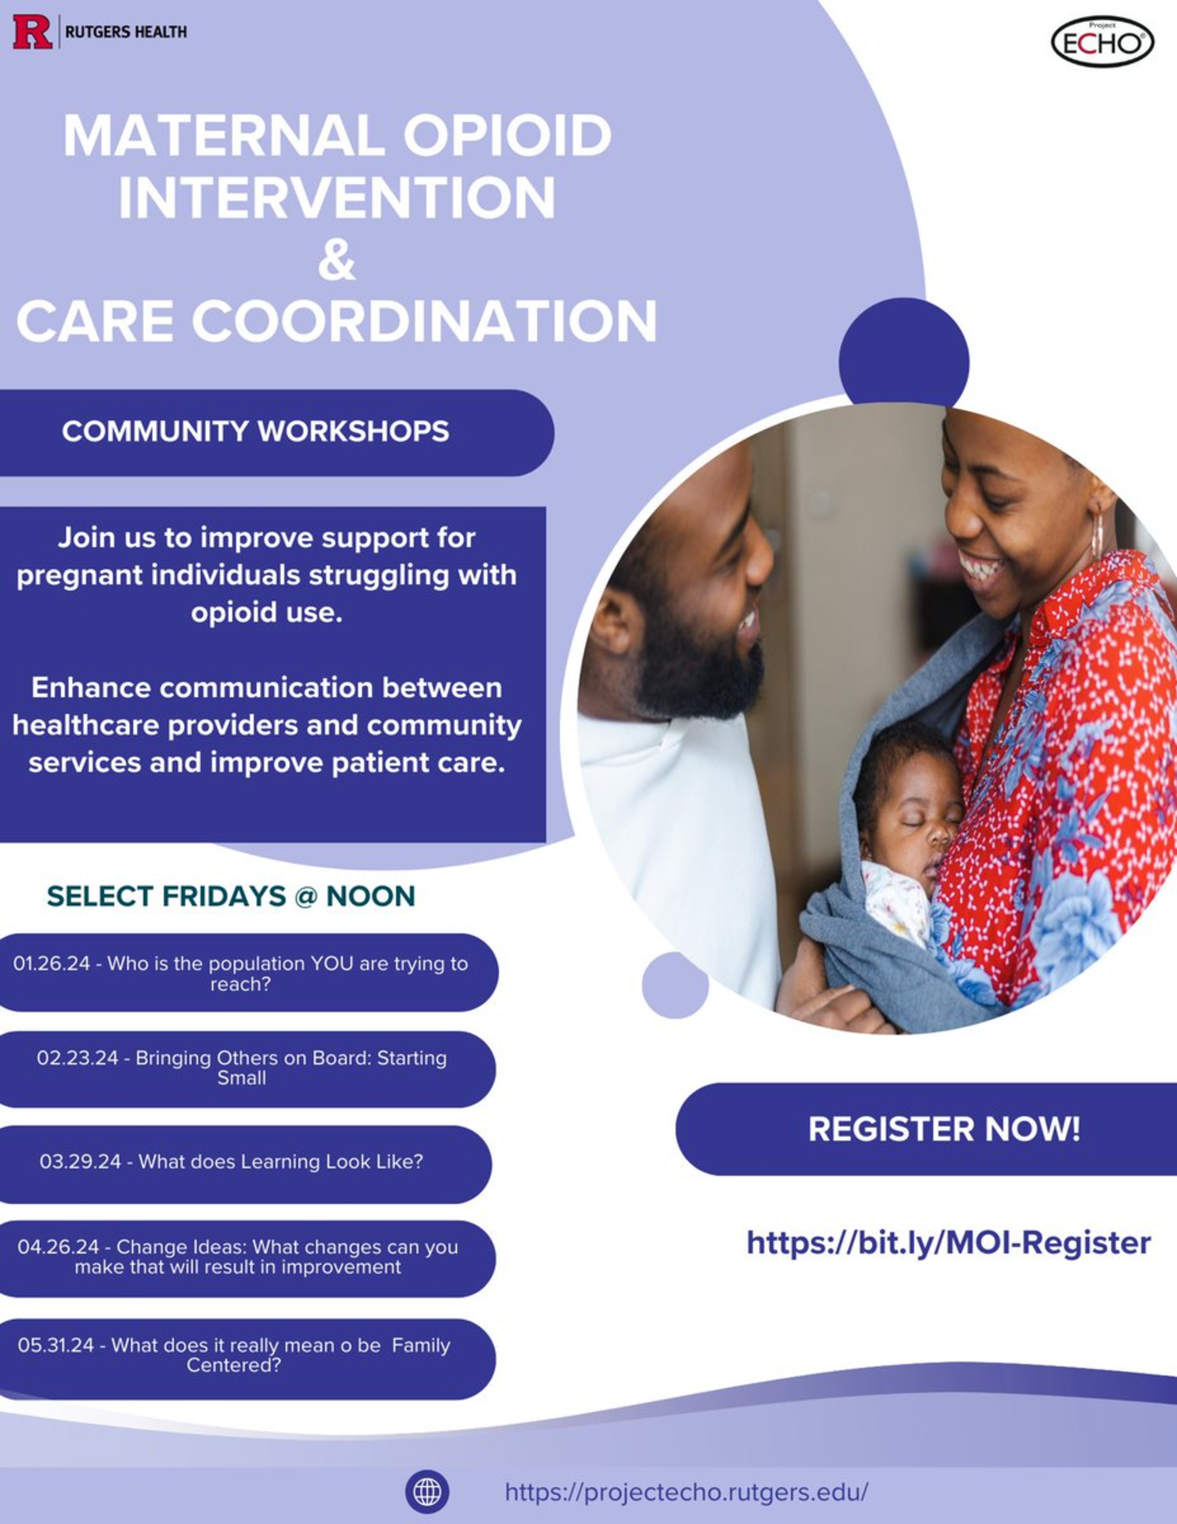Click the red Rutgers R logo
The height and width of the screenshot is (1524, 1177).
point(32,32)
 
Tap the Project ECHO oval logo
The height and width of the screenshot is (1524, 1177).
point(1102,42)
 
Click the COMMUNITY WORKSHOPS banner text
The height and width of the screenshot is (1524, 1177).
point(255,431)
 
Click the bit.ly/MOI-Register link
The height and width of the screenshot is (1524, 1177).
point(949,1243)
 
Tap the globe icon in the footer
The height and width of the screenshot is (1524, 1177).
point(427,1492)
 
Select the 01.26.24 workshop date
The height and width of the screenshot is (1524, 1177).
point(51,964)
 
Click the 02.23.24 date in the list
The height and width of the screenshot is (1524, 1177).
point(77,1058)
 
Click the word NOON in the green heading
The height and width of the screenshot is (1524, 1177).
point(371,896)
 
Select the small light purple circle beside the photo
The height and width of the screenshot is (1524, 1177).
point(674,985)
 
